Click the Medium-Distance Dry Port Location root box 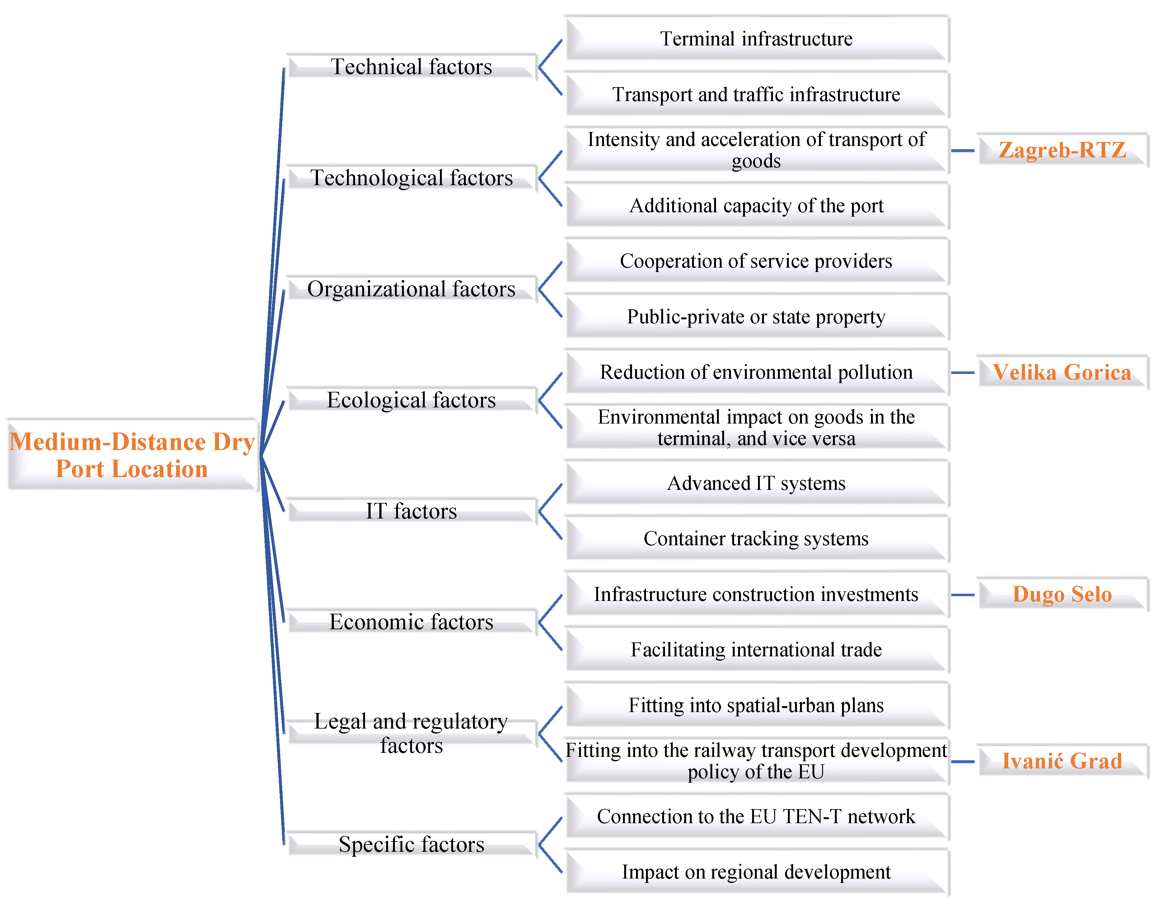[132, 455]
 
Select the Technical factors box [411, 67]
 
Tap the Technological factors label [411, 178]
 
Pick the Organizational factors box [411, 289]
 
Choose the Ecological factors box [411, 400]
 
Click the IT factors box [411, 511]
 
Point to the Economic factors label [411, 622]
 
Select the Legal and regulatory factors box [411, 733]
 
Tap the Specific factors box [411, 844]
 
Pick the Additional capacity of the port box [756, 206]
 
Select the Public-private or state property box [756, 317]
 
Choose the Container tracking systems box [756, 539]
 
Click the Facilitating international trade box [756, 650]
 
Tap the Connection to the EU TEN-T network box [756, 817]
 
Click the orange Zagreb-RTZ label [1062, 151]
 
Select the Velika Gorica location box [1062, 373]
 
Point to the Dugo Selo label [1062, 594]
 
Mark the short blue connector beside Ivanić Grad [963, 762]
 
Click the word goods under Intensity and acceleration [756, 161]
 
